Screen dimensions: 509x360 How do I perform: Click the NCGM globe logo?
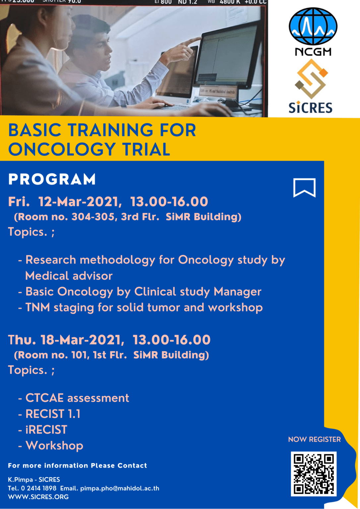coord(313,27)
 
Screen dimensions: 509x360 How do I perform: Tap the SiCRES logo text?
coord(310,108)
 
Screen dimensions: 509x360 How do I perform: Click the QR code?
coord(314,474)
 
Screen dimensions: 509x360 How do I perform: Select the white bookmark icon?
coord(304,188)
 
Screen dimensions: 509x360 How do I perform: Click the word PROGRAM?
coord(52,179)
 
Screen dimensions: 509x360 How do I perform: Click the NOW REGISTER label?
coord(314,439)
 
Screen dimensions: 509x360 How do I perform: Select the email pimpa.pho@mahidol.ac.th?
coord(120,488)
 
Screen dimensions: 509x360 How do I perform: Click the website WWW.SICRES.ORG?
coord(38,497)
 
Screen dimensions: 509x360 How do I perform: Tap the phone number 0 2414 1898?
coord(39,488)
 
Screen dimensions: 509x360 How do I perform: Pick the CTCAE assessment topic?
coord(77,398)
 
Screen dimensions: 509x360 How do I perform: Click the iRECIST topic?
coord(46,430)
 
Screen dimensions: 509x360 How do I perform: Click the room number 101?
coord(80,355)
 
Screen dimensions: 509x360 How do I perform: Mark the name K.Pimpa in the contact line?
coord(20,480)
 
